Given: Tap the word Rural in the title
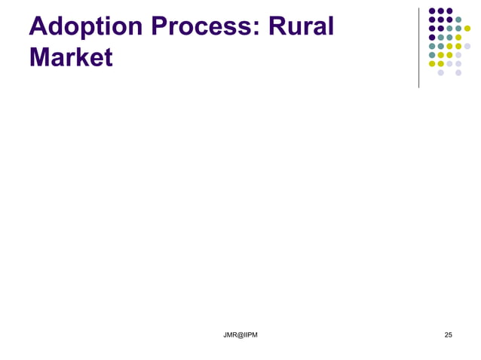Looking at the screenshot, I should pyautogui.click(x=302, y=26).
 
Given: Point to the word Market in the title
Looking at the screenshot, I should pyautogui.click(x=71, y=57).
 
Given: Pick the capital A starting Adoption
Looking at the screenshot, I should pyautogui.click(x=38, y=26).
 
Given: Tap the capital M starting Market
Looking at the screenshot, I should pyautogui.click(x=41, y=57).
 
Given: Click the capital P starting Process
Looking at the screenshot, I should pyautogui.click(x=161, y=26).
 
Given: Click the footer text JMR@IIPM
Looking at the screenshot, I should pyautogui.click(x=240, y=334).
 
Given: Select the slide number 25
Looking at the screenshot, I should pyautogui.click(x=449, y=334).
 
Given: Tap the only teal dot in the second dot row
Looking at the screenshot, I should pyautogui.click(x=458, y=20).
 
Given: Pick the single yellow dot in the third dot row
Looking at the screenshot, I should pyautogui.click(x=467, y=29).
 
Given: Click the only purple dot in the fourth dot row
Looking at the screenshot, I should pyautogui.click(x=432, y=38).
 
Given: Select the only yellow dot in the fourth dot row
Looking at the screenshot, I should pyautogui.click(x=458, y=38).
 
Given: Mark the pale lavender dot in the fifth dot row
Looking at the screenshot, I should pyautogui.click(x=467, y=47).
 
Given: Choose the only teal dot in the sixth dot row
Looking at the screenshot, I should pyautogui.click(x=432, y=55).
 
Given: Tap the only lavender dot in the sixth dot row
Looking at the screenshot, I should pyautogui.click(x=458, y=55).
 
